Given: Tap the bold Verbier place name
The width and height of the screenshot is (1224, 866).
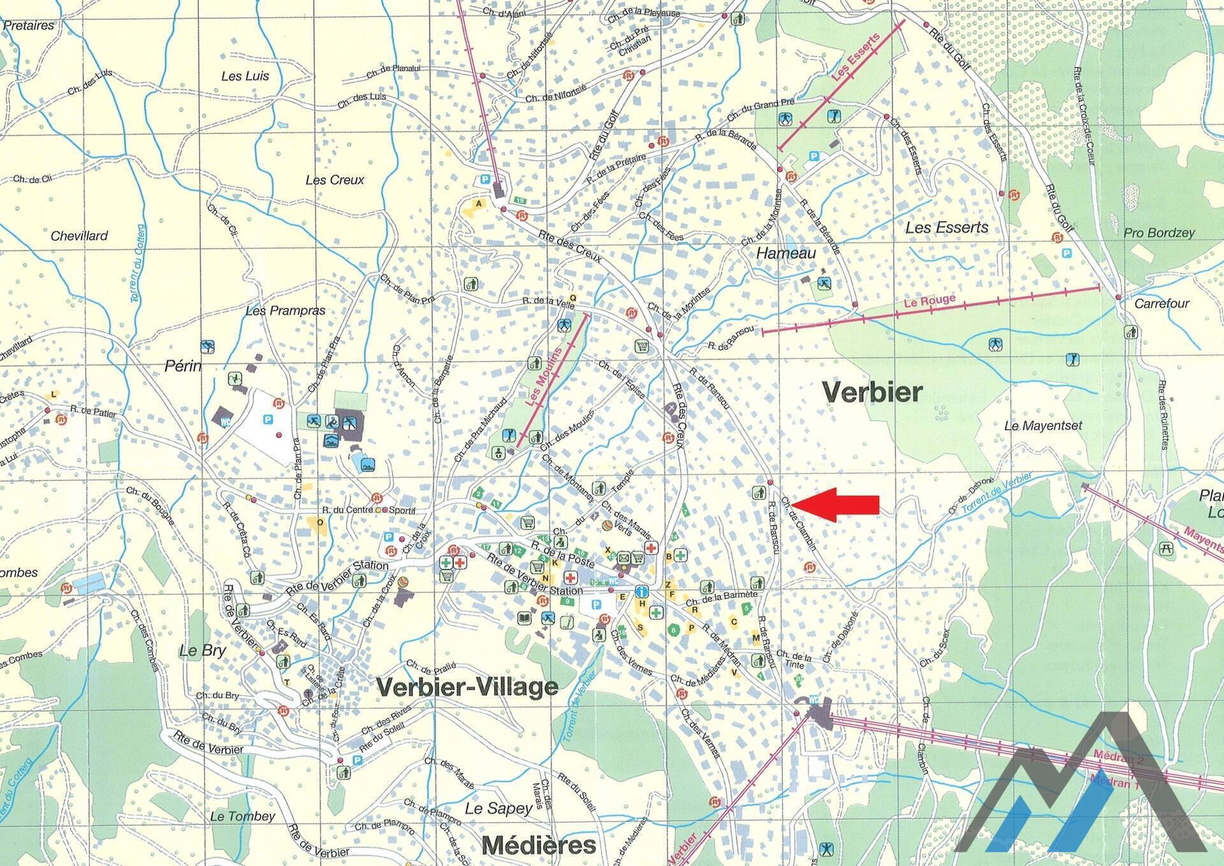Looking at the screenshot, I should click(x=872, y=392).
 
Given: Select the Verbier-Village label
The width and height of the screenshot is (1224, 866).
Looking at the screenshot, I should click(x=467, y=687).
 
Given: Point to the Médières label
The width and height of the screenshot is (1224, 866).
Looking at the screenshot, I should click(x=539, y=846).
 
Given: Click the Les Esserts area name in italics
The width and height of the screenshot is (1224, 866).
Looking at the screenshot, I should click(x=947, y=228).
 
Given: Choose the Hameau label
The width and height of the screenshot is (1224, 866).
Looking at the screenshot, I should click(x=786, y=253).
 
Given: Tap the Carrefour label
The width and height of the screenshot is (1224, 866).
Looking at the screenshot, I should click(x=1162, y=304).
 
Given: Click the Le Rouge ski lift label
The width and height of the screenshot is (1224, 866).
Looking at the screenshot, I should click(x=929, y=300).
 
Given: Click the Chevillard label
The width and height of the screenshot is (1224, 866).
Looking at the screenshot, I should click(x=79, y=236).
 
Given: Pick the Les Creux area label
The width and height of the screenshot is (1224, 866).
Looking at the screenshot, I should click(x=335, y=180).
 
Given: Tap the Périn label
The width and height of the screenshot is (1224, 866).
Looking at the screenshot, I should click(x=183, y=366).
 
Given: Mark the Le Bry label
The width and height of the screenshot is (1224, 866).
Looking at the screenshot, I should click(x=203, y=650).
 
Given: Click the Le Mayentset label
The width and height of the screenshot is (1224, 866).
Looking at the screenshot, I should click(x=1043, y=425).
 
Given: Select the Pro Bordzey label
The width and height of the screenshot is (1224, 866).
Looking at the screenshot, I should click(x=1159, y=233).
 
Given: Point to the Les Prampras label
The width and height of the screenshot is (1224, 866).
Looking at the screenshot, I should click(x=286, y=311).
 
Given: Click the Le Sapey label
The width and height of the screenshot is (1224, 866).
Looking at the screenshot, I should click(x=499, y=809).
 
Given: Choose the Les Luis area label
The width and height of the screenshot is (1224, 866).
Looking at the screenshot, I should click(x=245, y=76).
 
